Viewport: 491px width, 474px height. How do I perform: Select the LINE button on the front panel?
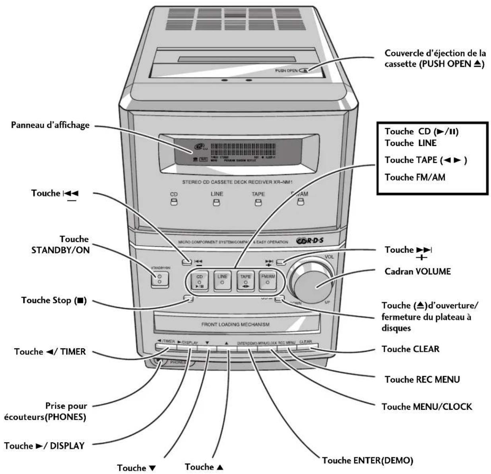(222, 281)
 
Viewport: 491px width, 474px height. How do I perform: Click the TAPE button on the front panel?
(245, 281)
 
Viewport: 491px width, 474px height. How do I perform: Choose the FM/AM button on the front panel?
(268, 281)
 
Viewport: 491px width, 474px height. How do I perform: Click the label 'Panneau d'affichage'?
(50, 125)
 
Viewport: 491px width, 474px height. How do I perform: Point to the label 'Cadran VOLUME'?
(417, 272)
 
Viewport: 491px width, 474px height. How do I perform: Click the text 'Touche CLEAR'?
(410, 349)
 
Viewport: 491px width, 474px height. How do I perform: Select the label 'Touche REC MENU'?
(422, 379)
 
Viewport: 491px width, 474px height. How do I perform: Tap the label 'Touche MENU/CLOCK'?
(427, 406)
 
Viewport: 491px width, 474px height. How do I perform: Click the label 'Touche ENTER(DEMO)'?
(367, 460)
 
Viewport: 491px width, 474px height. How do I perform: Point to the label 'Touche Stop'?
(54, 300)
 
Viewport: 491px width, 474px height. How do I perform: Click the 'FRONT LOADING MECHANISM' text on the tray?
(235, 324)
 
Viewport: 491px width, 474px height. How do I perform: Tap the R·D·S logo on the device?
(310, 241)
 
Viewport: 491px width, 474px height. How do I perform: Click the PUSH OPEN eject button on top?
(304, 70)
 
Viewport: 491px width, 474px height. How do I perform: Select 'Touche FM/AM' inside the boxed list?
(415, 177)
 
